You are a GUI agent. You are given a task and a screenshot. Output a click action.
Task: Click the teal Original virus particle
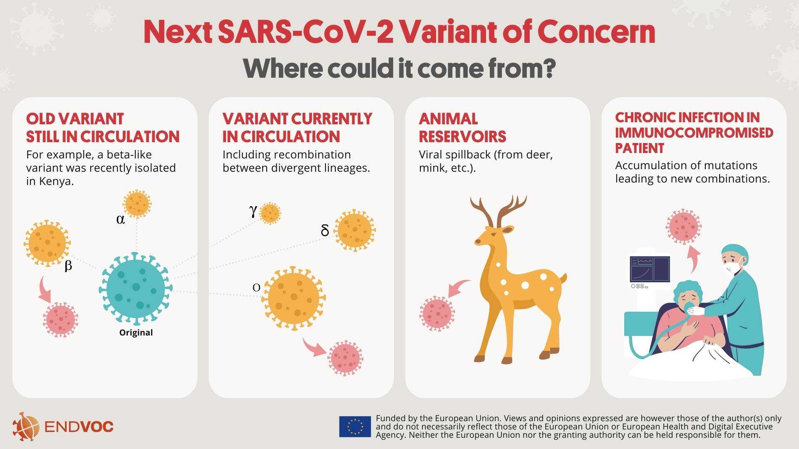pos(136,288)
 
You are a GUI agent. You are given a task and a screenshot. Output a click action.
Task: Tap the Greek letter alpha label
pos(121,220)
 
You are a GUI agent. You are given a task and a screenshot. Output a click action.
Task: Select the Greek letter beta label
pos(69,266)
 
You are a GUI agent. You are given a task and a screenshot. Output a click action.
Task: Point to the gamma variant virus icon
pos(270,214)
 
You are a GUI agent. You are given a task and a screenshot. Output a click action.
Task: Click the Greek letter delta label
pos(325,230)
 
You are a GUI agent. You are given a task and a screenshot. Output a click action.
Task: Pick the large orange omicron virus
pos(294,299)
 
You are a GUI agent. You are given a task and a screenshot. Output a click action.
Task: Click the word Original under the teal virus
pos(136,333)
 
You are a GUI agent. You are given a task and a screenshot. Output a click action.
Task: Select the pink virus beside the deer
pos(437,313)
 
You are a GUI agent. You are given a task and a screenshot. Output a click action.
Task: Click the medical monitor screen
pos(650,269)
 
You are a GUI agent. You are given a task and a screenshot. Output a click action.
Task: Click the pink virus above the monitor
pos(683,227)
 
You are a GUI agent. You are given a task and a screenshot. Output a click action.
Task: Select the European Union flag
pos(355,427)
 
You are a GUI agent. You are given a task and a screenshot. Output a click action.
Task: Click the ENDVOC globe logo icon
pos(25,427)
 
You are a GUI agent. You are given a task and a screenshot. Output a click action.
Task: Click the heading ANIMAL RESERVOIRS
pos(462,128)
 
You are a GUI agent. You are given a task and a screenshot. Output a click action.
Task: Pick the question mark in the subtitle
pos(549,69)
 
